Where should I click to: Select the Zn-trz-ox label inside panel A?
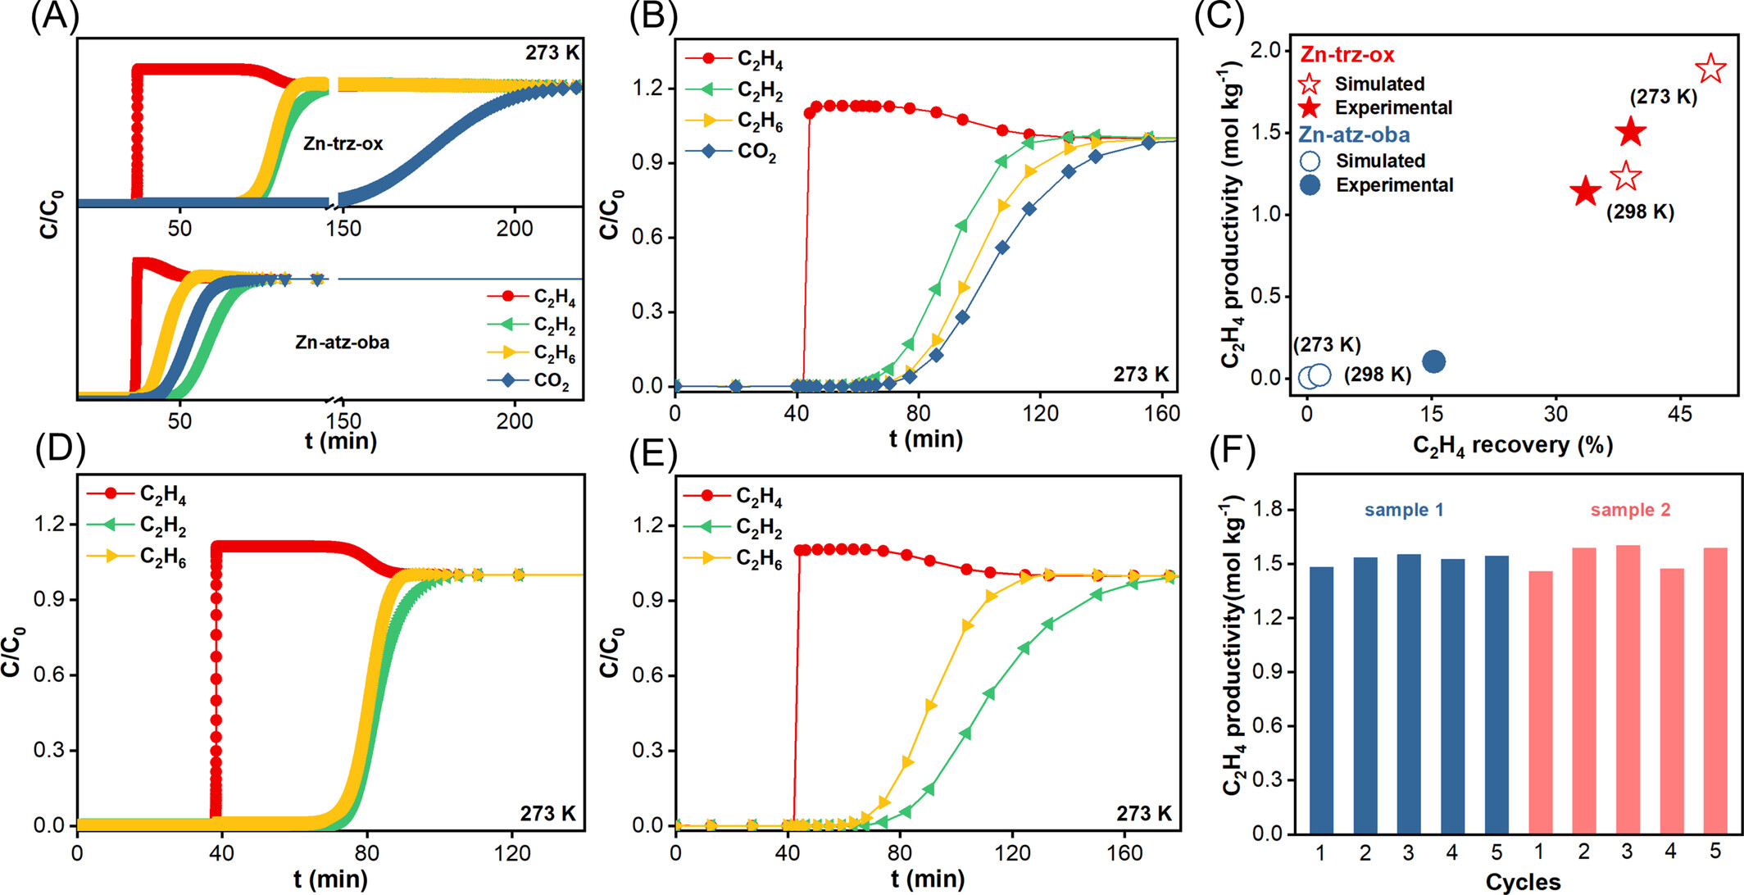pos(343,143)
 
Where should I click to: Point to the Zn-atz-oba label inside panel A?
pos(342,342)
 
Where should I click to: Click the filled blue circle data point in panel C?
pos(1433,361)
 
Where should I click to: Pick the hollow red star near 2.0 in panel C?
pos(1710,69)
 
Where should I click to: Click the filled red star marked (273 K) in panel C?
pos(1631,132)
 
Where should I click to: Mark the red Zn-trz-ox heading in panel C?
pos(1347,55)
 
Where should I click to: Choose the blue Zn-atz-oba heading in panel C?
pos(1355,134)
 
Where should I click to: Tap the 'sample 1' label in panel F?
pos(1404,510)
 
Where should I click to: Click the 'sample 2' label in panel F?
pos(1630,510)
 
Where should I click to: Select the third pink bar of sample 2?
pos(1628,689)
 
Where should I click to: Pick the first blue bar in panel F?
pos(1321,700)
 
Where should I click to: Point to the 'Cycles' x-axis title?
pos(1523,882)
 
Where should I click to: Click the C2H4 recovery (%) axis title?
pos(1512,445)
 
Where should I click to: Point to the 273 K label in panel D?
pos(547,814)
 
